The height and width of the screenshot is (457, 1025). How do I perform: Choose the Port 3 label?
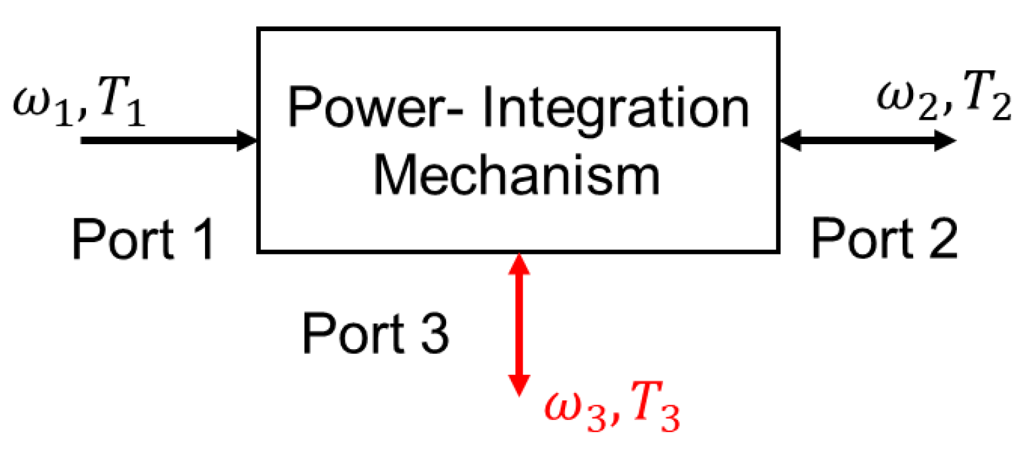click(375, 333)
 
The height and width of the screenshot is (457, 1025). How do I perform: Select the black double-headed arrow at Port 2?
click(867, 140)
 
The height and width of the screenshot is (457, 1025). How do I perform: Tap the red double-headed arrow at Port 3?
click(519, 323)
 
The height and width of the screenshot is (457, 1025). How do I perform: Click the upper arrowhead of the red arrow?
click(519, 264)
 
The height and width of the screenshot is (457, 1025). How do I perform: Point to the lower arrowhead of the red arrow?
click(519, 384)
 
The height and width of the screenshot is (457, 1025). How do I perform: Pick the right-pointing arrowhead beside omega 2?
click(944, 140)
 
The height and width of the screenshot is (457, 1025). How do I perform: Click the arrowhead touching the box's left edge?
click(247, 140)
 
